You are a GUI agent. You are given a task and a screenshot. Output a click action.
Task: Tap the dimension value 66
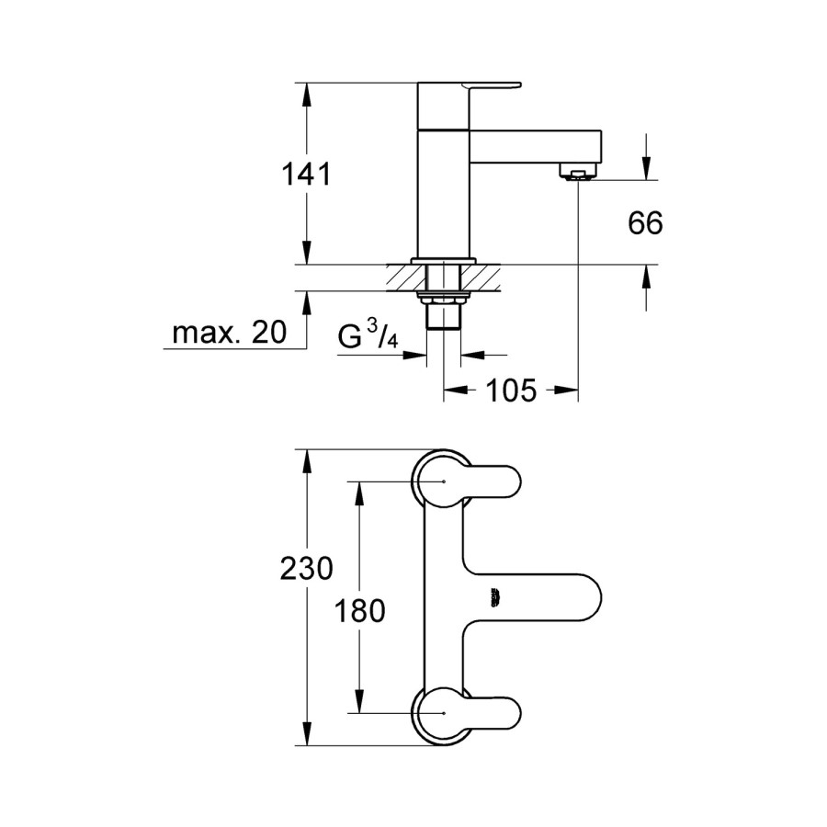645,222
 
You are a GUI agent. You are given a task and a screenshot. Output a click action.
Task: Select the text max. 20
229,334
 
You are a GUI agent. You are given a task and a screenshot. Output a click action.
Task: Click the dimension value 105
510,391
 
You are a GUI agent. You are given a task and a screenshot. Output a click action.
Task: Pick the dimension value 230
306,569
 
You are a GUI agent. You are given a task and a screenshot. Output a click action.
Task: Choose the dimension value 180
359,610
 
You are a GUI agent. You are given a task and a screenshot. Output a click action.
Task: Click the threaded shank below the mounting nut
445,317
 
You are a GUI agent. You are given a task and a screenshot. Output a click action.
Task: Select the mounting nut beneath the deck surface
444,297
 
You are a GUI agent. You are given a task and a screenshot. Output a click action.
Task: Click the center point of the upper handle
445,481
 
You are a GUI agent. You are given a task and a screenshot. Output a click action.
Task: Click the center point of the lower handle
445,712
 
